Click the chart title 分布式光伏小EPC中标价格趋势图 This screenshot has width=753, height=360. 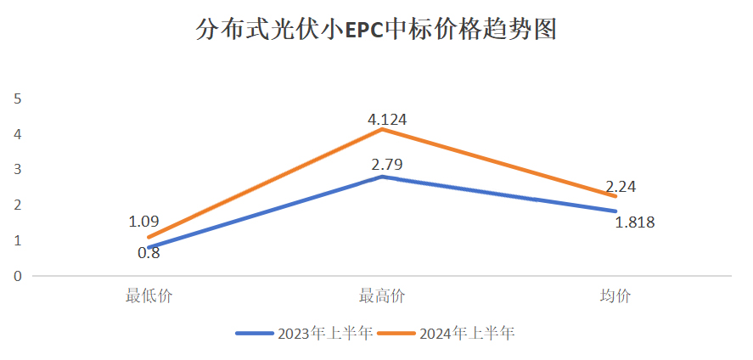376,31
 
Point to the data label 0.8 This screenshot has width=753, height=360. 149,252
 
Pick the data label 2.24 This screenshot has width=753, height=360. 621,187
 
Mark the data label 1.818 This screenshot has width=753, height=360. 635,222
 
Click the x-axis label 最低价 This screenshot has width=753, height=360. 149,296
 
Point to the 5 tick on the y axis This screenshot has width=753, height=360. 17,98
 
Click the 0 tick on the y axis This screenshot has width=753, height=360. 17,276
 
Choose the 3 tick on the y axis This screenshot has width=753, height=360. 17,170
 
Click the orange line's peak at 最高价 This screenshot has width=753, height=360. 383,129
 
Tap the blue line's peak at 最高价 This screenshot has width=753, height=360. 383,177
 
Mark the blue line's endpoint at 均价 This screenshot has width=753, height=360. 615,211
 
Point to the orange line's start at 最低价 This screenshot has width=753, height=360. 149,237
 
